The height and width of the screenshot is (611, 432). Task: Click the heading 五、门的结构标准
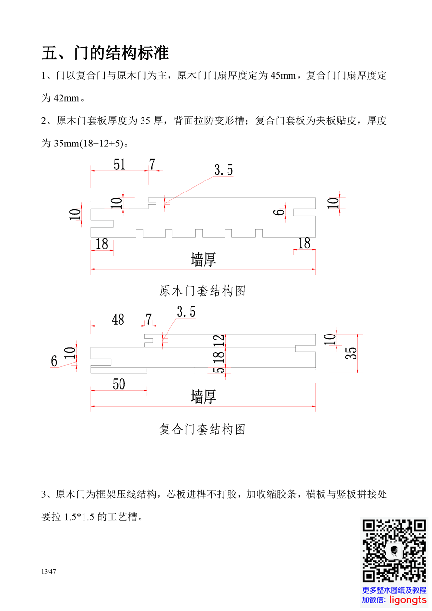click(105, 52)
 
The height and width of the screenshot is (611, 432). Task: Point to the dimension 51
click(120, 165)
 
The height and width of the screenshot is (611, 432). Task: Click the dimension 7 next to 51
click(152, 165)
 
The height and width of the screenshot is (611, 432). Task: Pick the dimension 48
click(118, 319)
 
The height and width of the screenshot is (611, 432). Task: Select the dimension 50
click(119, 383)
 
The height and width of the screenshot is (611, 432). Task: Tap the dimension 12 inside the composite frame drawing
click(219, 340)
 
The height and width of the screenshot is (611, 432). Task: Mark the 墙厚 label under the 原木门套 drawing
click(203, 260)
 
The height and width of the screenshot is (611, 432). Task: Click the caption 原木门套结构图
click(202, 291)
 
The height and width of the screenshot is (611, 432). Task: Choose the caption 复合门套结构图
click(202, 429)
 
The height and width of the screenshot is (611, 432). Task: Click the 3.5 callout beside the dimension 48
click(186, 312)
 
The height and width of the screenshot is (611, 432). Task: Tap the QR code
click(394, 551)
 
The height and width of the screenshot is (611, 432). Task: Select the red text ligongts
click(408, 600)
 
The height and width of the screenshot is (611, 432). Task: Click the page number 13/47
click(49, 571)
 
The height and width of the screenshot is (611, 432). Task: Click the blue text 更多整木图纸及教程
click(394, 590)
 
